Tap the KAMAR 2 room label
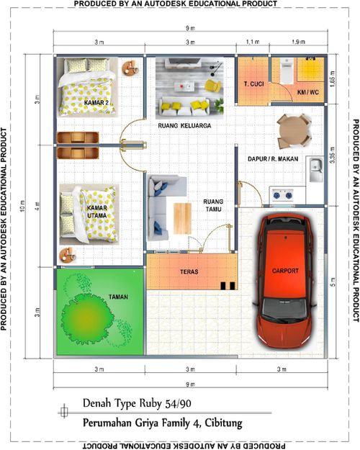point(96,103)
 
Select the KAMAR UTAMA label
point(97,212)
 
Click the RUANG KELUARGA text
point(184,126)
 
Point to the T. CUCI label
point(253,84)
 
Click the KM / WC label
point(308,92)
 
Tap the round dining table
point(294,131)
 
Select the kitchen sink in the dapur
point(316,169)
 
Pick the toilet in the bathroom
point(287,71)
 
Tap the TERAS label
point(189,271)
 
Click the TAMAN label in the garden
point(118,297)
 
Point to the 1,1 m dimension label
point(253,42)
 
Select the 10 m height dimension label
point(23,206)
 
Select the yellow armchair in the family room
point(212,86)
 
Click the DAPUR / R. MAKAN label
point(273,158)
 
